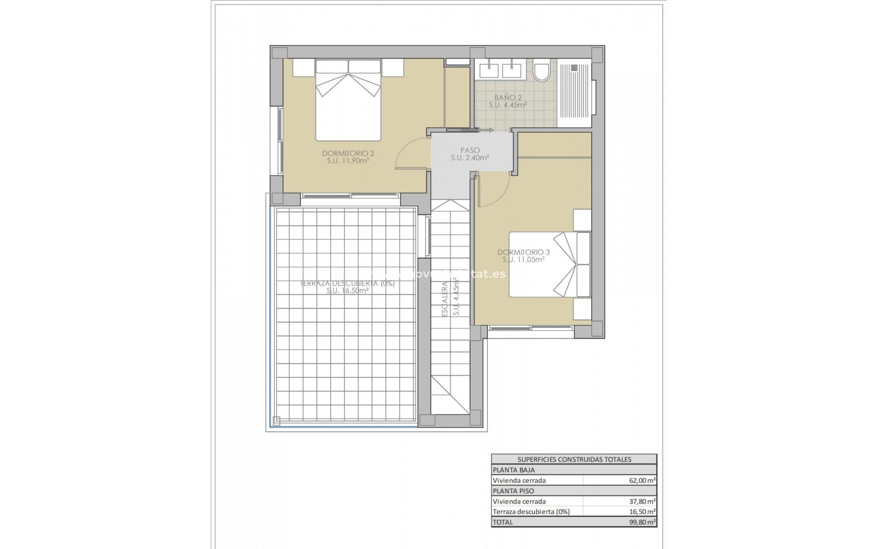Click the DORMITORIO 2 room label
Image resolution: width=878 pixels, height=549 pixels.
[x=348, y=153]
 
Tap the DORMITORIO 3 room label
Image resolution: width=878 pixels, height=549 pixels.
[x=523, y=252]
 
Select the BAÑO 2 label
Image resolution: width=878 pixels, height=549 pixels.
[x=508, y=97]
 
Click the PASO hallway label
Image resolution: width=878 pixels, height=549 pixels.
[x=470, y=150]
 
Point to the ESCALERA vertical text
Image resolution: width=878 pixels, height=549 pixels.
[x=444, y=300]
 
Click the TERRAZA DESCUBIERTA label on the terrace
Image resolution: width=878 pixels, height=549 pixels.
[x=348, y=283]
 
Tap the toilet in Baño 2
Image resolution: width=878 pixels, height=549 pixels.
[x=542, y=73]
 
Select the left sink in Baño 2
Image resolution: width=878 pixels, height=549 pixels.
[x=489, y=71]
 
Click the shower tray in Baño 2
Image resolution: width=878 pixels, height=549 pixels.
[x=575, y=94]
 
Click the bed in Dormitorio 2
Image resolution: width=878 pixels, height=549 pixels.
[x=348, y=105]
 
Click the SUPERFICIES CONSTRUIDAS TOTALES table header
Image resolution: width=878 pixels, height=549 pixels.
[x=574, y=459]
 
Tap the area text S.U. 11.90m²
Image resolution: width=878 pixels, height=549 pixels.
[x=348, y=161]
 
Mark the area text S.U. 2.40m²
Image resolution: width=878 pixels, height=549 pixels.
[x=470, y=158]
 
